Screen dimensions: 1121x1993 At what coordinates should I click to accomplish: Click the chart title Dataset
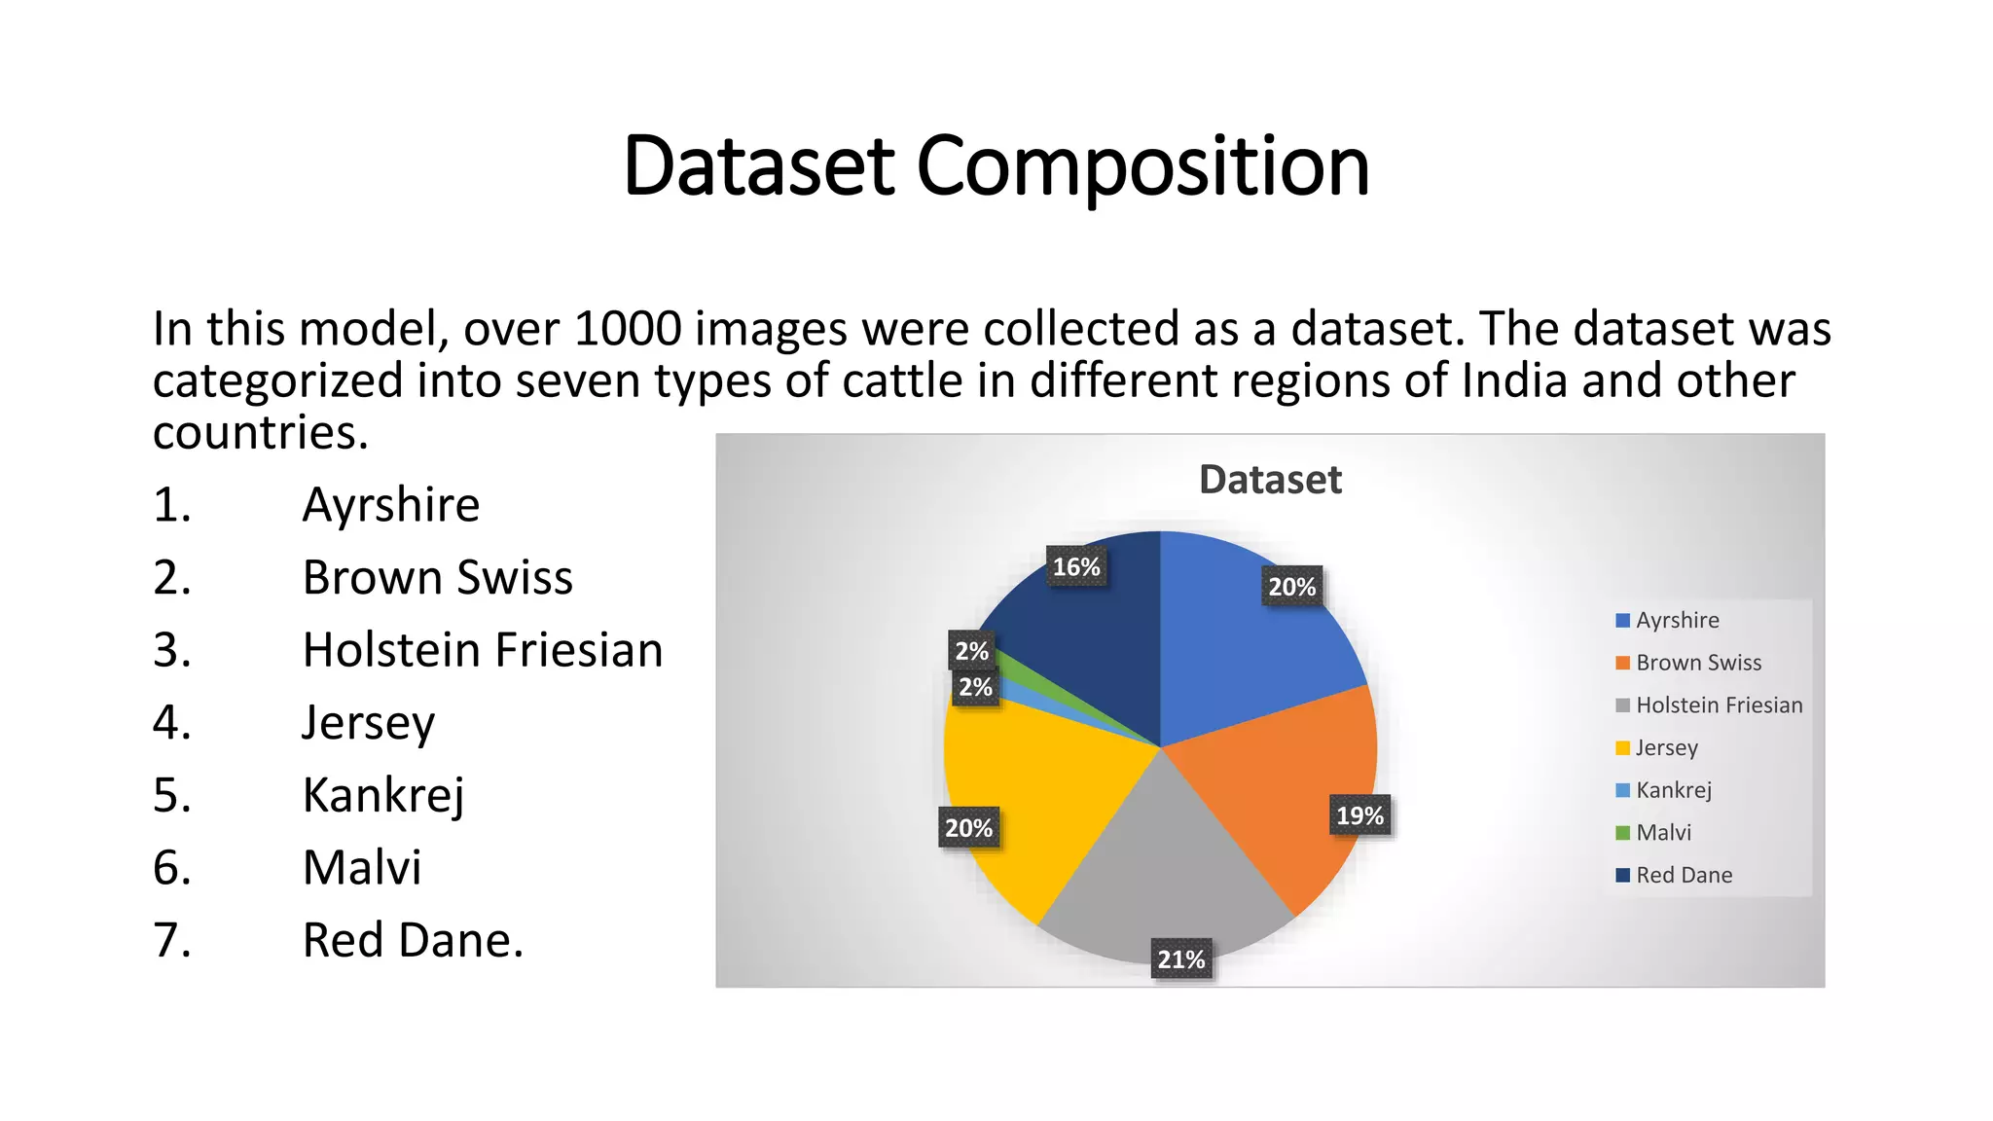[x=1270, y=480]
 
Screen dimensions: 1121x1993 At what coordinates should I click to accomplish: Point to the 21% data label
[x=1181, y=959]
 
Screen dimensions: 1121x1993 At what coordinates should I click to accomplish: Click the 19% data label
[x=1359, y=815]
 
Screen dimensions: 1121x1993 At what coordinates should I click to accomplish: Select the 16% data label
[x=1076, y=567]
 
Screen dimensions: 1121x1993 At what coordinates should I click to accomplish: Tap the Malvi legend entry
[x=1663, y=833]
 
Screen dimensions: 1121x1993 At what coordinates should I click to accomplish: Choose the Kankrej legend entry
[x=1673, y=790]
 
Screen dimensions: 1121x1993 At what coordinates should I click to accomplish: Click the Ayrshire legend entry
[x=1677, y=621]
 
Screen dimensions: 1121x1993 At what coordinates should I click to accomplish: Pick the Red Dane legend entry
[x=1684, y=875]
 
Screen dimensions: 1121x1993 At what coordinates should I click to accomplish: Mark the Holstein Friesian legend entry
[x=1719, y=705]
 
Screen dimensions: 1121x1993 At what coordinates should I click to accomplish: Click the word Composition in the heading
[x=1142, y=167]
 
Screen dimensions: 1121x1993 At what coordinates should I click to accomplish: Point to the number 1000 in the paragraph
[x=628, y=329]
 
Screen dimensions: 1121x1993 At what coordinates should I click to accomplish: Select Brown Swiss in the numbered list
[x=437, y=577]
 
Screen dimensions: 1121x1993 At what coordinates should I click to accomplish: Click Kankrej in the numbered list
[x=383, y=795]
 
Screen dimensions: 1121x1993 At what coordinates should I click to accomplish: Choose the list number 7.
[x=171, y=940]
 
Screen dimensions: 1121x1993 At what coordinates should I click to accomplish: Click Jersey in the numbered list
[x=368, y=723]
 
